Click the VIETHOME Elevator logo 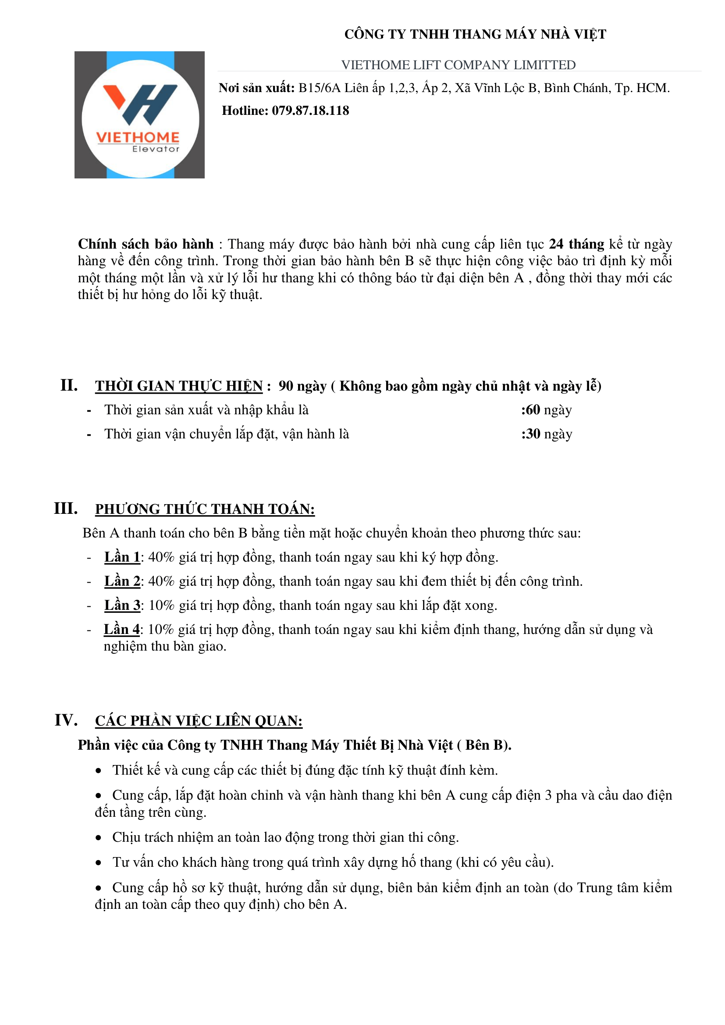point(139,115)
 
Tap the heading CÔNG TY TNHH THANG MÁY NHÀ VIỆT point(475,34)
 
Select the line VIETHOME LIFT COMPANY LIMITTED point(458,65)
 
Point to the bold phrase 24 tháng point(576,244)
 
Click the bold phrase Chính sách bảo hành point(146,244)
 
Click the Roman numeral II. point(69,385)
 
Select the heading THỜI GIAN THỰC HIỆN point(178,386)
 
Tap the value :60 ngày point(546,410)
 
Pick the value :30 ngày point(546,434)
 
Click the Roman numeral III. point(66,509)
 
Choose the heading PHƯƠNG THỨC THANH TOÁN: point(205,509)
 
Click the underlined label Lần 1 point(122,557)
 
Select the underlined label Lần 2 point(122,581)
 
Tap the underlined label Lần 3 point(122,605)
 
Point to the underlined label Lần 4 point(121,630)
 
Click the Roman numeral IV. point(66,720)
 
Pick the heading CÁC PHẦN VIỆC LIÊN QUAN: point(199,721)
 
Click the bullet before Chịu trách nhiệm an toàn point(99,838)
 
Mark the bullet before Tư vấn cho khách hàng point(99,863)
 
